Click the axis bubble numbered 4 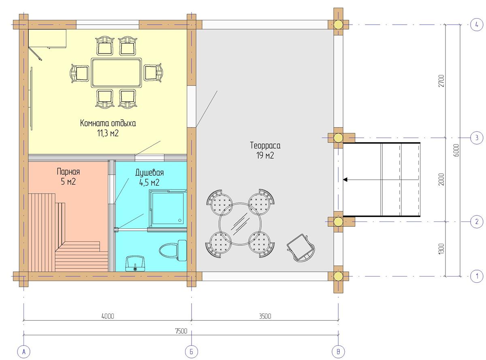point(477,25)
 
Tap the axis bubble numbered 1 point(477,276)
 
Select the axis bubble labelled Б point(191,352)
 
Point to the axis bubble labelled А point(23,352)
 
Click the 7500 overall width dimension point(181,331)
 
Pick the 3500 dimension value point(265,316)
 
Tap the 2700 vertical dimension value point(441,81)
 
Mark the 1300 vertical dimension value point(441,249)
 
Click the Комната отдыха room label point(108,123)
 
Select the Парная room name point(68,172)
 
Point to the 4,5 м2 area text point(149,182)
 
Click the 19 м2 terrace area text point(265,156)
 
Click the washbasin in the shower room point(135,263)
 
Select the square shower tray point(168,208)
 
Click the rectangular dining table point(116,72)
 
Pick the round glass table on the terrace point(240,224)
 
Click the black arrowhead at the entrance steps point(345,180)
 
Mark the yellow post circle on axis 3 point(338,138)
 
